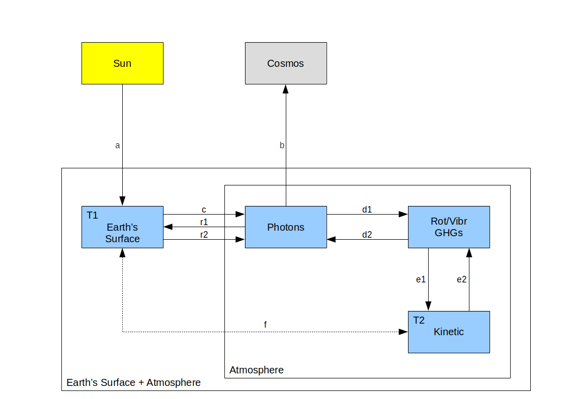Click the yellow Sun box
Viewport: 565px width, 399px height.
pyautogui.click(x=122, y=63)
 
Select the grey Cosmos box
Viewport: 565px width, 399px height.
pyautogui.click(x=286, y=63)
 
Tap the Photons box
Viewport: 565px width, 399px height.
pyautogui.click(x=286, y=227)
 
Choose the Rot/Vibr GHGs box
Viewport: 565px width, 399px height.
pyautogui.click(x=449, y=227)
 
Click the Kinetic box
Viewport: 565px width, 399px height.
pyautogui.click(x=449, y=332)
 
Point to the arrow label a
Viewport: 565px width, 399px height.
pyautogui.click(x=118, y=146)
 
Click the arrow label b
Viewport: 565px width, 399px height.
pyautogui.click(x=282, y=146)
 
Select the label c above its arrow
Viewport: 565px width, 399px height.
pyautogui.click(x=203, y=209)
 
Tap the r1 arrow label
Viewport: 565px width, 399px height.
pyautogui.click(x=204, y=222)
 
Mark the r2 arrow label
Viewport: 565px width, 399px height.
pyautogui.click(x=204, y=234)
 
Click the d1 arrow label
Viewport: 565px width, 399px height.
pyautogui.click(x=367, y=210)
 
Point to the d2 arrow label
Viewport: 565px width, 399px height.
pyautogui.click(x=367, y=234)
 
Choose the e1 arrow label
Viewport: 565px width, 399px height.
pyautogui.click(x=421, y=279)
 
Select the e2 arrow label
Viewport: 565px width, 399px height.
pyautogui.click(x=461, y=279)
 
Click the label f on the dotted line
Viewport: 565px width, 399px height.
pyautogui.click(x=265, y=325)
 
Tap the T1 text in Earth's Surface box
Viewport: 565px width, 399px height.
pyautogui.click(x=92, y=216)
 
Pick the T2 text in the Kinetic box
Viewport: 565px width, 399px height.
pyautogui.click(x=419, y=320)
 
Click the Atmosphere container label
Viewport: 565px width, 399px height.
pyautogui.click(x=257, y=370)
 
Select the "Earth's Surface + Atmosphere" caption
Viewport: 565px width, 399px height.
pyautogui.click(x=133, y=383)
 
